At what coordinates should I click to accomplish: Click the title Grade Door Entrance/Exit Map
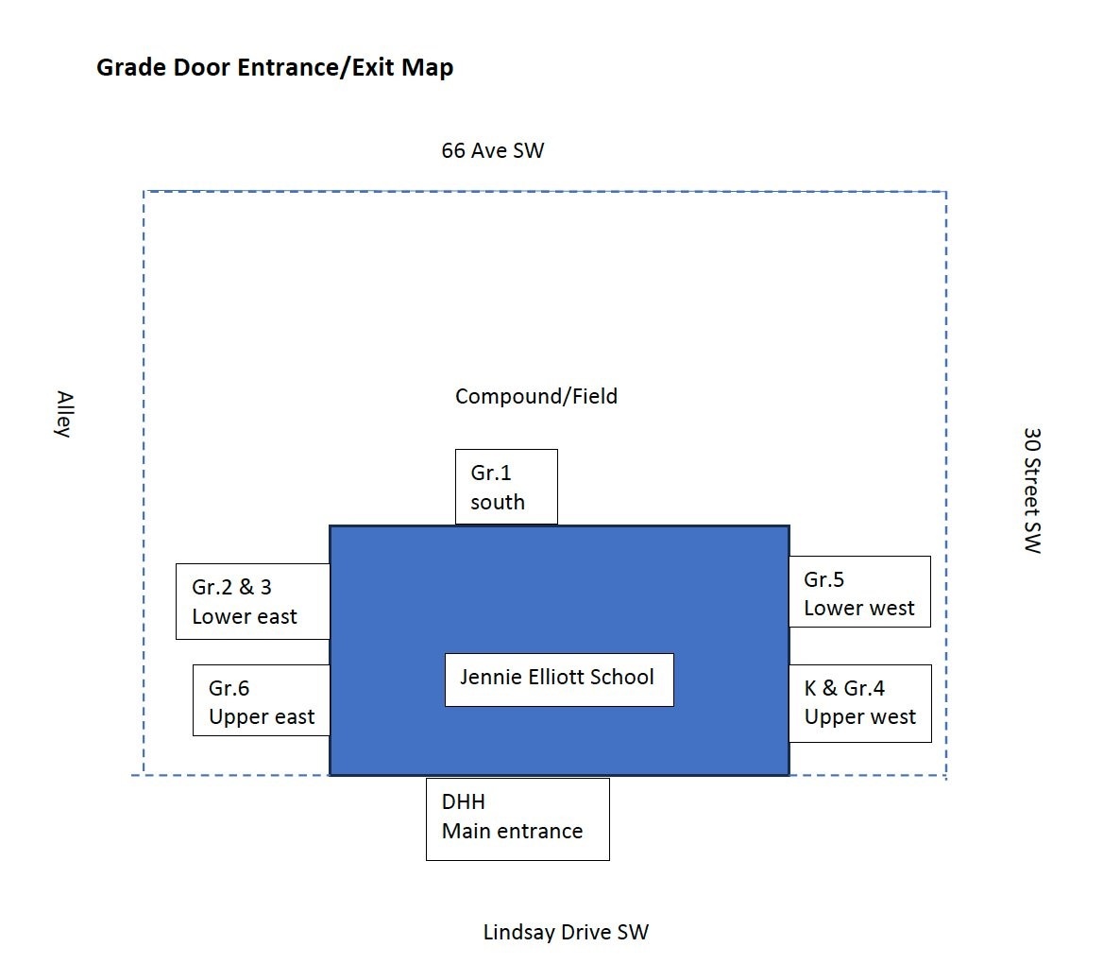click(275, 68)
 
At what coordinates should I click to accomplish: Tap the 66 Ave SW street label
click(492, 150)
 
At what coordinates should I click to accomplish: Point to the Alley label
click(63, 414)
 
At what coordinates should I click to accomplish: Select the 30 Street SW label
click(1032, 490)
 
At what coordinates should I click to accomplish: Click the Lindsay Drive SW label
click(566, 932)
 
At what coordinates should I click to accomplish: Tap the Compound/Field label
click(535, 396)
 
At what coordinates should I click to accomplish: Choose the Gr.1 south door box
click(506, 487)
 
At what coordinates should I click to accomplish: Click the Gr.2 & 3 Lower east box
click(252, 601)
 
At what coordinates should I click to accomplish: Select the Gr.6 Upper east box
click(262, 700)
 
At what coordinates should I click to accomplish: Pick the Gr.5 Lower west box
click(859, 592)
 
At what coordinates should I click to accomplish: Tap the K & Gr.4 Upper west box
click(859, 702)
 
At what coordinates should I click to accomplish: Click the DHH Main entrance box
click(518, 818)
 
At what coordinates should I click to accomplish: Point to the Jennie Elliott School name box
click(559, 679)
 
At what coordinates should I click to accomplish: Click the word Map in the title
click(428, 68)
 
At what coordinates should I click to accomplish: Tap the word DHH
click(463, 801)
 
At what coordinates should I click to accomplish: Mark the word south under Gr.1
click(497, 502)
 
